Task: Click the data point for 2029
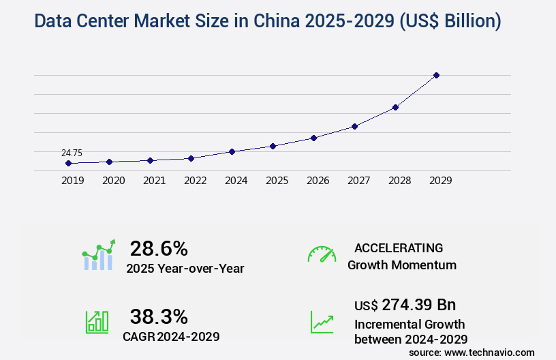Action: pyautogui.click(x=436, y=75)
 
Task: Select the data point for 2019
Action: pyautogui.click(x=68, y=164)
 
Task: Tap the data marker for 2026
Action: pyautogui.click(x=313, y=138)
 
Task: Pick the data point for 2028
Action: pyautogui.click(x=395, y=107)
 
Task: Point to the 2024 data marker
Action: pyautogui.click(x=232, y=151)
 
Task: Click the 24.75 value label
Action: pyautogui.click(x=72, y=153)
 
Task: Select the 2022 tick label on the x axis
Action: pyautogui.click(x=195, y=181)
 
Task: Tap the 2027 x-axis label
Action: pyautogui.click(x=358, y=181)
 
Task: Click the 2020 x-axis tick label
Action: pyautogui.click(x=113, y=181)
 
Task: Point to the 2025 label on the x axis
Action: pyautogui.click(x=277, y=181)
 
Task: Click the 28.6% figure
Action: pyautogui.click(x=159, y=248)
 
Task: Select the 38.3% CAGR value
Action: pyautogui.click(x=159, y=316)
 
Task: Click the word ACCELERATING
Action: pyautogui.click(x=399, y=248)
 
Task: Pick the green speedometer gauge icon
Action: pyautogui.click(x=322, y=254)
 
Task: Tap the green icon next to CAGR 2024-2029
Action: pyautogui.click(x=97, y=322)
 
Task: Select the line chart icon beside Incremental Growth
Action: pyautogui.click(x=322, y=322)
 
